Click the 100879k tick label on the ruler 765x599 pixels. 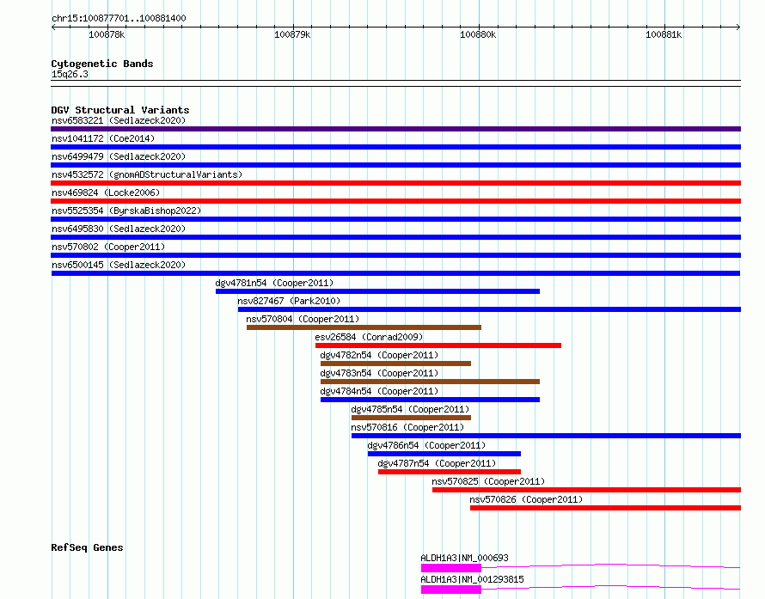click(x=292, y=34)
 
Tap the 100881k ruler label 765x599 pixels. click(x=664, y=34)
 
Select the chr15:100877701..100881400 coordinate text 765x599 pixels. click(x=119, y=18)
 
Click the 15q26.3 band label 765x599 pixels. click(x=70, y=74)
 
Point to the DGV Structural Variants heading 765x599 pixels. click(x=120, y=110)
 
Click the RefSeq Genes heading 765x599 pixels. click(x=87, y=547)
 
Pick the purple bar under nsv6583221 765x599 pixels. click(x=395, y=129)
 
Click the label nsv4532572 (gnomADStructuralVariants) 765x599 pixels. click(x=147, y=174)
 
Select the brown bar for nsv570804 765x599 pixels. click(x=364, y=327)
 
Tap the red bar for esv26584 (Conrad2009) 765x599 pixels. click(x=438, y=345)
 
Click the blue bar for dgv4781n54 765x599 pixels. click(x=377, y=291)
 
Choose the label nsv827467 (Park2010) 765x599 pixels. click(x=289, y=301)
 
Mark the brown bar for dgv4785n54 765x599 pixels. click(x=411, y=418)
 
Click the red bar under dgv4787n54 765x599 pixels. click(x=450, y=472)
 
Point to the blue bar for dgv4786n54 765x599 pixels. click(x=444, y=454)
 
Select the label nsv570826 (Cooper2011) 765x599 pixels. click(x=526, y=499)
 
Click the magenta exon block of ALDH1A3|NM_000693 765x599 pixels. click(x=451, y=568)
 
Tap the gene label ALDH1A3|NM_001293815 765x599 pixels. click(x=472, y=579)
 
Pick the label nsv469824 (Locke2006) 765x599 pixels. click(x=106, y=193)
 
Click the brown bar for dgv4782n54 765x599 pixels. click(x=395, y=364)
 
